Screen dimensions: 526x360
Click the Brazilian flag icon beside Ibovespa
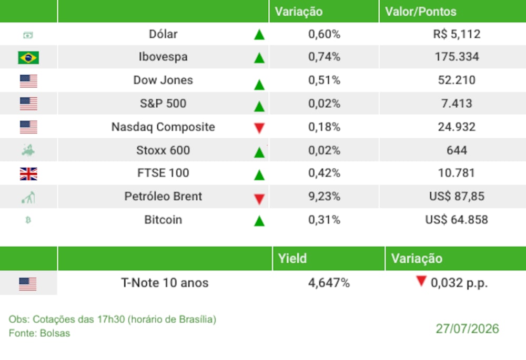tap(28, 57)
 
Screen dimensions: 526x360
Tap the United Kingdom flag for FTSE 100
tap(28, 173)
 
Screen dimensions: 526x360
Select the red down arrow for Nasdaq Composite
tap(259, 128)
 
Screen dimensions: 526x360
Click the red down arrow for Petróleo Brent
tap(259, 199)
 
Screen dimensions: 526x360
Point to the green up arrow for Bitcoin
tap(259, 221)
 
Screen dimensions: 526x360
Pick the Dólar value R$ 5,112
tap(457, 34)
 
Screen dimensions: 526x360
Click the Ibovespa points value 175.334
tap(457, 57)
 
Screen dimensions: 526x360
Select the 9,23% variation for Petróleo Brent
tap(324, 196)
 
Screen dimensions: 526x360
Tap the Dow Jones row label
tap(163, 80)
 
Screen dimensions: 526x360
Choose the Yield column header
tap(292, 259)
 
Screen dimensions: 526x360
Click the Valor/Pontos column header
tap(421, 12)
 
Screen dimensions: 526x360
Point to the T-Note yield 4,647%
tap(329, 283)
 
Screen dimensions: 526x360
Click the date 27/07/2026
tap(467, 329)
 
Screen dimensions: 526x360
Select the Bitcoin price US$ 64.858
tap(457, 220)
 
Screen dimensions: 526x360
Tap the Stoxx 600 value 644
tap(457, 150)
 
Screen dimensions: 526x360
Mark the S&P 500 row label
tap(163, 103)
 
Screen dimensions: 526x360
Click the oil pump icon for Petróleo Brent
tap(28, 198)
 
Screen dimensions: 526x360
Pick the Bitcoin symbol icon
tap(28, 220)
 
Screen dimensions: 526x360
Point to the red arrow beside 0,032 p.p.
tap(421, 281)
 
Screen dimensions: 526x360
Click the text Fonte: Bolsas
tap(39, 333)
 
